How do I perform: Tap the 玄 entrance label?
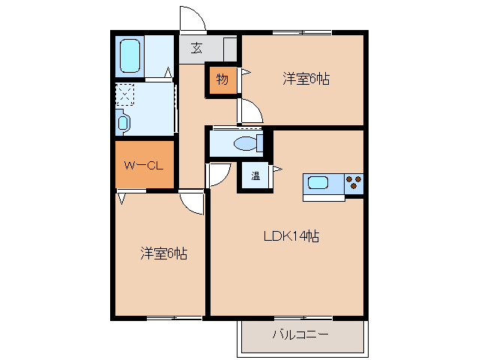click(x=196, y=49)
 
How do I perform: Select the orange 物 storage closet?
click(x=223, y=79)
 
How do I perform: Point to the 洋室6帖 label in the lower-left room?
click(x=163, y=253)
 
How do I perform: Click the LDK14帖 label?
click(x=291, y=236)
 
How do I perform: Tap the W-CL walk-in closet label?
click(x=145, y=166)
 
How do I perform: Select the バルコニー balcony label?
click(x=300, y=334)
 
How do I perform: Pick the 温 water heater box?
click(x=255, y=177)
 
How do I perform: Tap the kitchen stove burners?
click(x=354, y=180)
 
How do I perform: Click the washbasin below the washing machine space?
click(x=124, y=121)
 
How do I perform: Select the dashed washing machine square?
click(x=124, y=94)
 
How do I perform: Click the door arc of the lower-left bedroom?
click(x=193, y=202)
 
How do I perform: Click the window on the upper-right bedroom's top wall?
click(x=301, y=31)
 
